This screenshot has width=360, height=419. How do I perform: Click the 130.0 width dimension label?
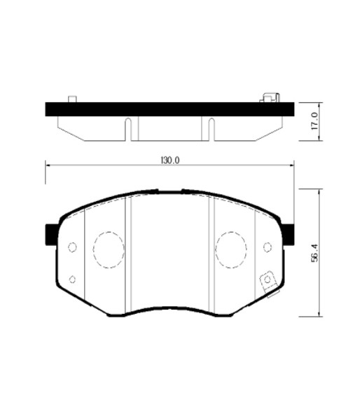point(170,160)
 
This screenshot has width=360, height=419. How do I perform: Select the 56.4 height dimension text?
point(316,253)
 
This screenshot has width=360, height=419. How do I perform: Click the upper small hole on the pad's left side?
point(72,247)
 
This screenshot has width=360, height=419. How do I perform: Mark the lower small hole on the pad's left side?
point(72,280)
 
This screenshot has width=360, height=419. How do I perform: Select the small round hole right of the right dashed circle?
point(267,246)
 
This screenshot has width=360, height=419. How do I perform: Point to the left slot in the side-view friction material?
point(128,128)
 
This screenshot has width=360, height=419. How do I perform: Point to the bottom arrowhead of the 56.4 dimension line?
point(321,314)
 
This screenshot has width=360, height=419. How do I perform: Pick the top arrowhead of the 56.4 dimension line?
point(321,191)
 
